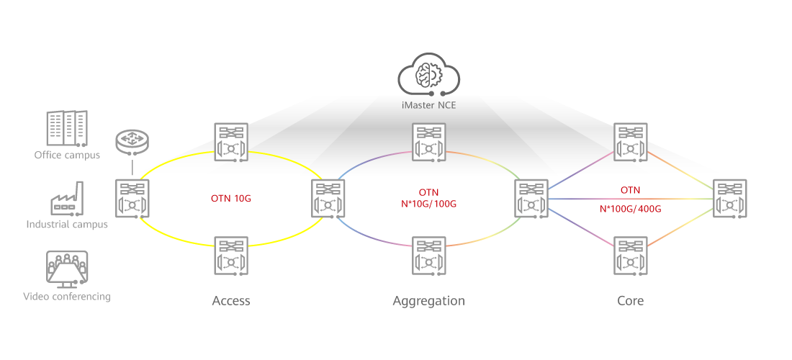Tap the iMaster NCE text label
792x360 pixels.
pos(429,105)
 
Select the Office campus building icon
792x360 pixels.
pos(67,129)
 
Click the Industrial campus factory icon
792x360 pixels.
pos(67,199)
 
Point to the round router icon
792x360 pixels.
pos(132,142)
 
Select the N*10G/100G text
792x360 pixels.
pos(428,204)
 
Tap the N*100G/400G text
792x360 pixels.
pos(630,209)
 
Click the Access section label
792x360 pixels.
pos(231,300)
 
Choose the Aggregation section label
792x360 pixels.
pos(428,300)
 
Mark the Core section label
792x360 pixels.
pos(630,300)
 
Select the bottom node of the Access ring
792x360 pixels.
pos(231,256)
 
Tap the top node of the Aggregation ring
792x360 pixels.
pos(429,141)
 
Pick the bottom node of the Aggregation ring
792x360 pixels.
pos(429,256)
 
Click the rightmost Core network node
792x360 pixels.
pos(731,198)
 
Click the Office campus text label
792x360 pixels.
pos(67,155)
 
